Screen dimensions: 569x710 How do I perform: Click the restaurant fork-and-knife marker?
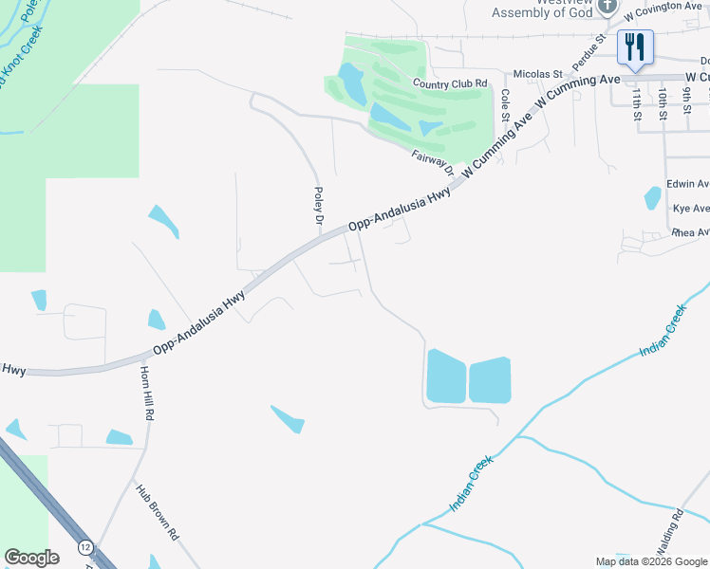pyautogui.click(x=633, y=46)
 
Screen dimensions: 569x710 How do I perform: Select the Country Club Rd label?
pyautogui.click(x=449, y=83)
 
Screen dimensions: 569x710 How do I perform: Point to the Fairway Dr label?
pyautogui.click(x=433, y=162)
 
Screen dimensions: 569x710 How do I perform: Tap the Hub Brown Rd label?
pyautogui.click(x=158, y=513)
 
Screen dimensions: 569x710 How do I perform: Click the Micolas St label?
pyautogui.click(x=538, y=74)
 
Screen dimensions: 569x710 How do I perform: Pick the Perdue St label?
pyautogui.click(x=589, y=54)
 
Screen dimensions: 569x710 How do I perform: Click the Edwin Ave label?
pyautogui.click(x=687, y=184)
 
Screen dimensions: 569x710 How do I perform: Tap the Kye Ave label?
pyautogui.click(x=690, y=209)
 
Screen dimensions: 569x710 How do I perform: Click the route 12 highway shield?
pyautogui.click(x=86, y=547)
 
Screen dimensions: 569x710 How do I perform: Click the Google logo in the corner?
pyautogui.click(x=31, y=558)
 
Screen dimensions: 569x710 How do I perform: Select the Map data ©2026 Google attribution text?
pyautogui.click(x=650, y=561)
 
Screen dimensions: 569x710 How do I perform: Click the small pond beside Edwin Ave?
pyautogui.click(x=652, y=197)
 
